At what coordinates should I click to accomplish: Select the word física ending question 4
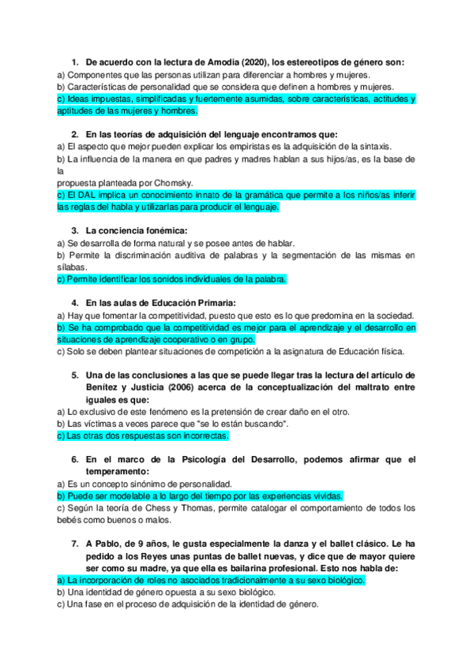click(x=390, y=351)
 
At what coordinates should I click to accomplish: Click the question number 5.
click(x=75, y=376)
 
